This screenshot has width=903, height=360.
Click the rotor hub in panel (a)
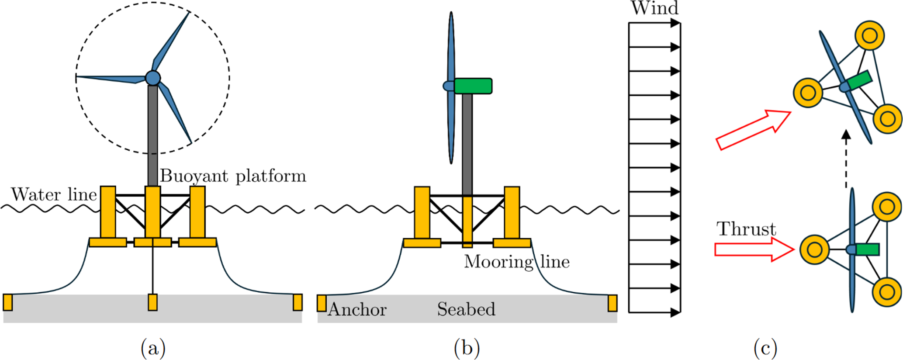tap(153, 78)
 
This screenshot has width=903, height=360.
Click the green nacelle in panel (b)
tap(473, 86)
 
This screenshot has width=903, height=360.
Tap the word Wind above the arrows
tap(654, 8)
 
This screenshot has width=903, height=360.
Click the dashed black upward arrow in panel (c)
tap(846, 159)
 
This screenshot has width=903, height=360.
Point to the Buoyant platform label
tap(233, 176)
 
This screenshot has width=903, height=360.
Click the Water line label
tap(54, 194)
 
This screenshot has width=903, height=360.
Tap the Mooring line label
tap(517, 262)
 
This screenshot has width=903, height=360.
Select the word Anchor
tap(357, 309)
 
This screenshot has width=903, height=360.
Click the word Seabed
tap(466, 309)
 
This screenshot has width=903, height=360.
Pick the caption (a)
tap(153, 348)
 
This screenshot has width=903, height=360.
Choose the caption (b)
tap(467, 348)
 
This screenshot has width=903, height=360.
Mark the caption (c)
tap(765, 348)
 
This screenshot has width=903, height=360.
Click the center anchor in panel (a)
tap(152, 302)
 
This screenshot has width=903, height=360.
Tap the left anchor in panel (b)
tap(322, 303)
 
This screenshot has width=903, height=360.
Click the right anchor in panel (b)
tap(612, 303)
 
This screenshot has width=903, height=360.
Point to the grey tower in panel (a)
tap(152, 136)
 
